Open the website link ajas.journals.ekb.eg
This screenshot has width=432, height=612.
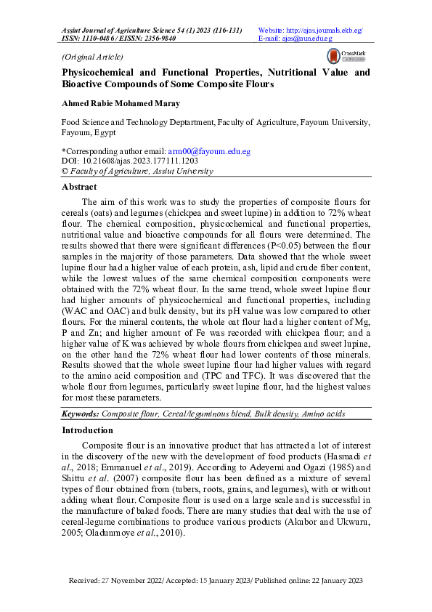point(322,31)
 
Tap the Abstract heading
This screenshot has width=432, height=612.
point(79,187)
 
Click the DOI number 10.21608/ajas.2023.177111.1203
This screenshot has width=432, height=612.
point(136,161)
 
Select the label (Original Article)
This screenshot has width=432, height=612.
point(92,57)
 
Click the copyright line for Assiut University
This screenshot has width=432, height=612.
point(137,171)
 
